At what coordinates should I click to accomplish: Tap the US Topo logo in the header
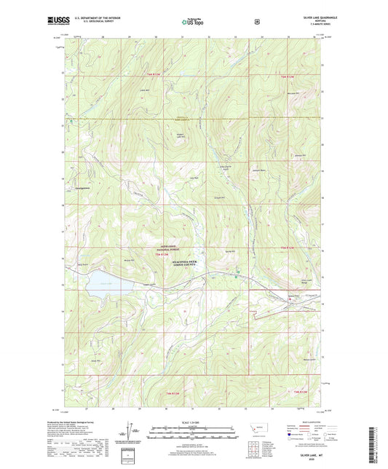pos(193,23)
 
